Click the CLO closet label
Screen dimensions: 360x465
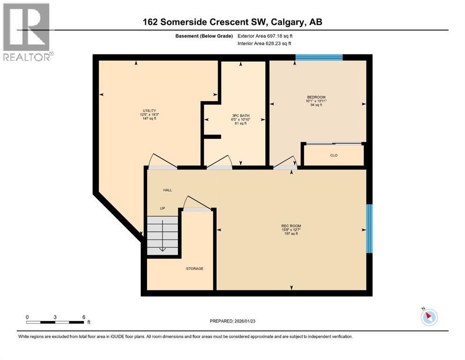[x=333, y=155]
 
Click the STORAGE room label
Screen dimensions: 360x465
[x=194, y=269]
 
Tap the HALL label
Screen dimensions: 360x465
[x=167, y=190]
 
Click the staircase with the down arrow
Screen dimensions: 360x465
[x=162, y=235]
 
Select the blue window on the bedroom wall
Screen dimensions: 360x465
[x=319, y=58]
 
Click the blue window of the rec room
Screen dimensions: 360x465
[x=369, y=228]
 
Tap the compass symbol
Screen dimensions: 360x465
[x=428, y=317]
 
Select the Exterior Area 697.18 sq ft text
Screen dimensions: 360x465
[x=265, y=36]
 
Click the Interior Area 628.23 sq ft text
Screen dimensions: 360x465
[x=265, y=43]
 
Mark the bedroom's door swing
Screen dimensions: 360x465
[x=285, y=162]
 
